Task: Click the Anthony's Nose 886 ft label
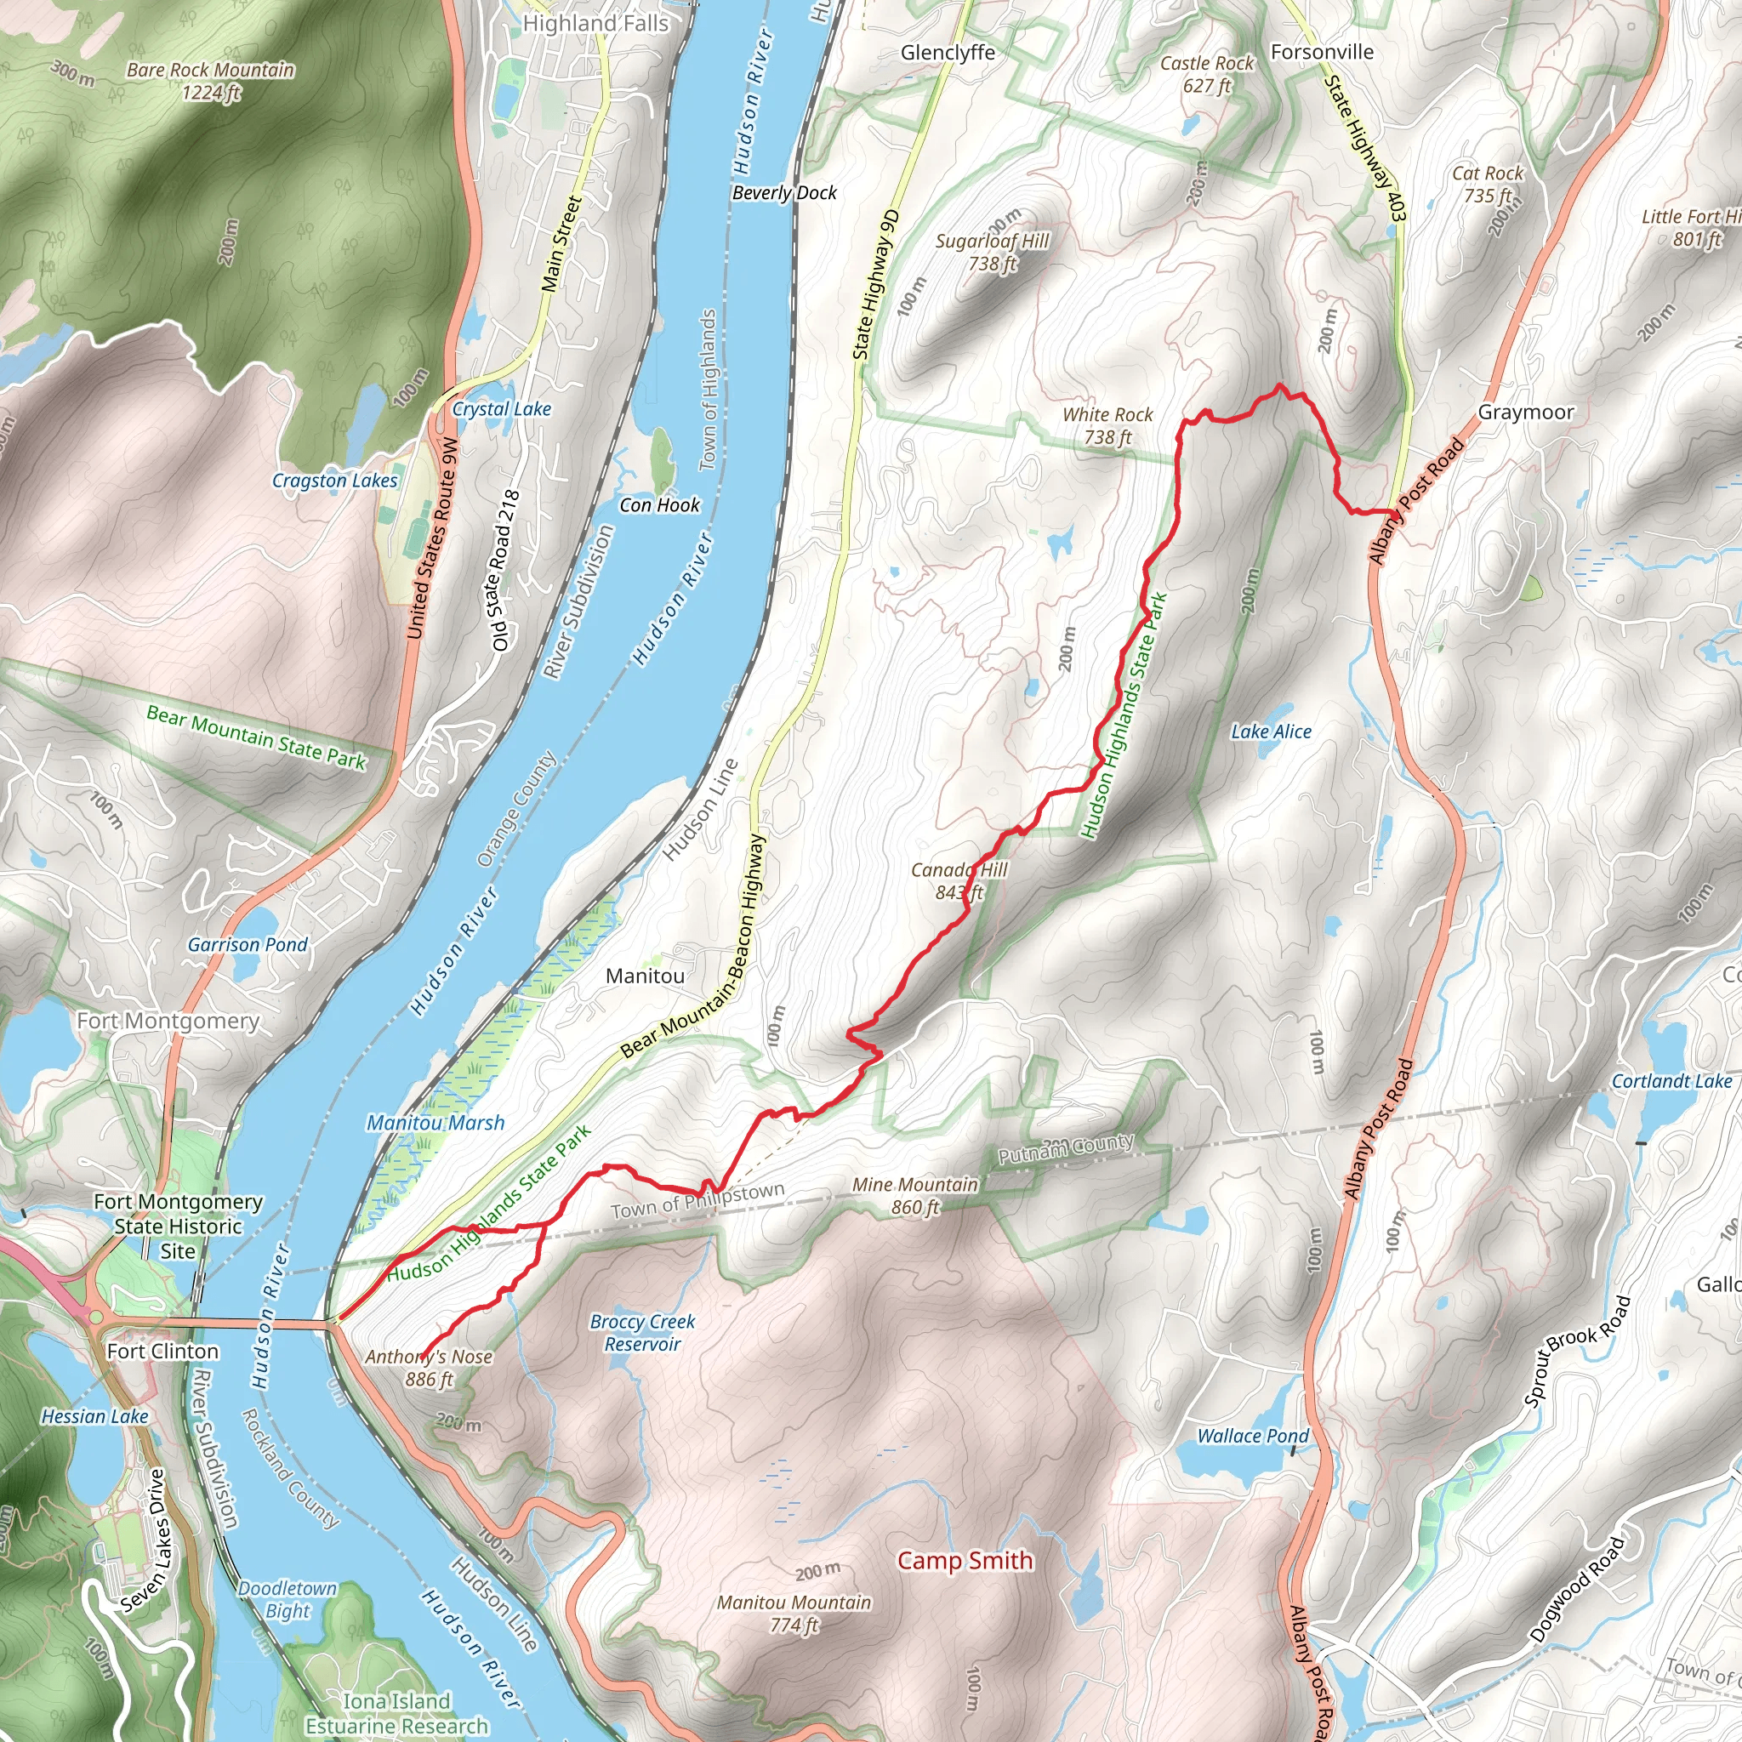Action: pos(430,1368)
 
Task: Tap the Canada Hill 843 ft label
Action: pos(959,881)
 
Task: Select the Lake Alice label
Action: pos(1272,732)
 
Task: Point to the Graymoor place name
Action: pos(1526,412)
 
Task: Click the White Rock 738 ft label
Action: pos(1107,425)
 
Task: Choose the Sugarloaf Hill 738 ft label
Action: pos(992,252)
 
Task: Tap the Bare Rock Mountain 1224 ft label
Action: pos(210,80)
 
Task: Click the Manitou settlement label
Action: pos(645,976)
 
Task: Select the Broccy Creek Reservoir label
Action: pos(642,1333)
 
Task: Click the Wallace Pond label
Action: pos(1252,1436)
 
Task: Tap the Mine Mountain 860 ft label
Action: pos(915,1196)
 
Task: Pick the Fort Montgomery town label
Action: pos(168,1021)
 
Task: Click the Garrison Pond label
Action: pos(248,944)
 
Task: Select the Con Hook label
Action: pos(659,505)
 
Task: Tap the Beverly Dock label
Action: pos(784,193)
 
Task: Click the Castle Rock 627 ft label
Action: pos(1206,74)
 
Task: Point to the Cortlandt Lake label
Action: pos(1671,1081)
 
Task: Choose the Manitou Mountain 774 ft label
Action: pos(794,1613)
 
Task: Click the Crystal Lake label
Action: pos(501,408)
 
